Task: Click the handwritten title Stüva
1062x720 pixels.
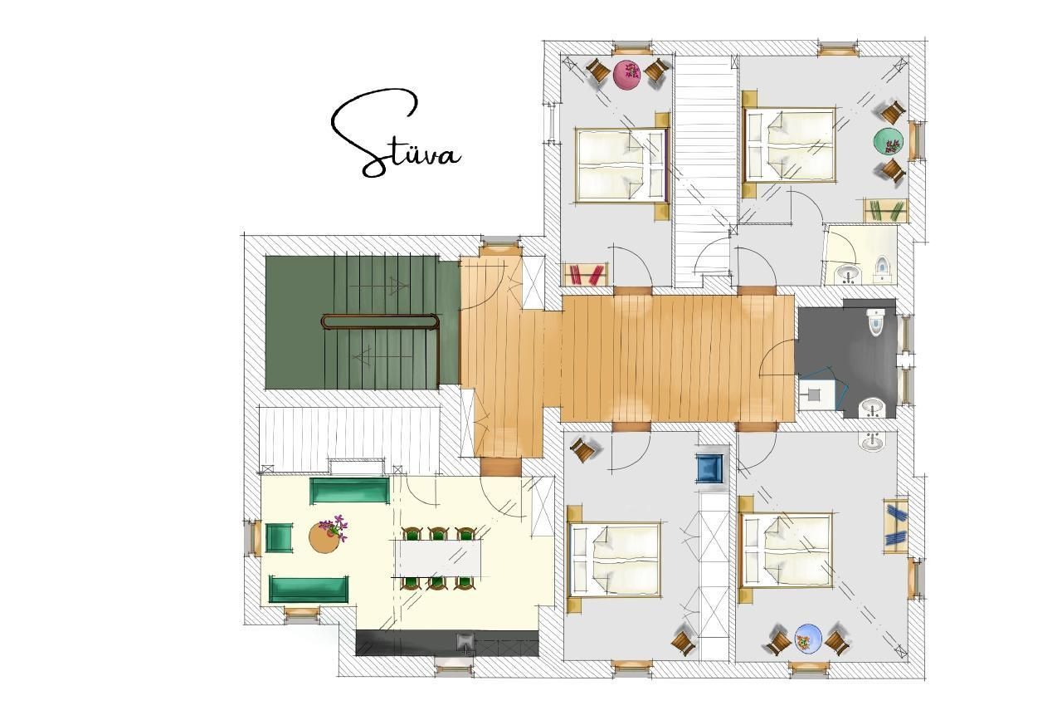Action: point(396,135)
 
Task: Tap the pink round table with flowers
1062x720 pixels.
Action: point(628,74)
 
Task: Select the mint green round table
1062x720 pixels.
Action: point(888,141)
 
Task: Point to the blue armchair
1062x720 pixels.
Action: point(709,468)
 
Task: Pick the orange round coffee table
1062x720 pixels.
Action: point(324,537)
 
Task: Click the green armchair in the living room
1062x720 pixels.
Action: point(279,537)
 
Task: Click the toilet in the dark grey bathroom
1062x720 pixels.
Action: point(875,321)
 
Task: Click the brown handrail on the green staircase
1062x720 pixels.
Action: point(379,321)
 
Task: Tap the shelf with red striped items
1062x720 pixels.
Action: point(586,274)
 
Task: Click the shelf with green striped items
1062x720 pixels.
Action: point(885,210)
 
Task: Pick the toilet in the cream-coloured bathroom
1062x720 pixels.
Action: point(882,267)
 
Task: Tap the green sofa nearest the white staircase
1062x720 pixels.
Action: point(349,490)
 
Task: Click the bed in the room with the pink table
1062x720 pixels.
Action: point(621,164)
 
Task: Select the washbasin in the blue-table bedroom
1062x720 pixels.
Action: point(871,441)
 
